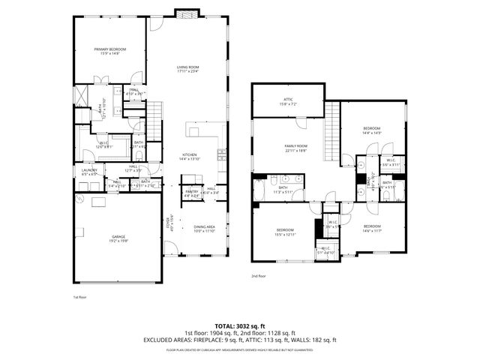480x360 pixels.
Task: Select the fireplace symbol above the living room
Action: pos(186,13)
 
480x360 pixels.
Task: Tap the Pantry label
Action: pos(193,192)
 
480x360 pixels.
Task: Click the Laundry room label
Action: pos(89,172)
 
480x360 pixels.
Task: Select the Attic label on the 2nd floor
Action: pos(287,100)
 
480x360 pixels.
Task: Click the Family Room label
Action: pos(295,148)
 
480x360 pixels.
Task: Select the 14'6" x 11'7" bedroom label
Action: pos(372,227)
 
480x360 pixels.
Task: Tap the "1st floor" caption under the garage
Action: pos(80,297)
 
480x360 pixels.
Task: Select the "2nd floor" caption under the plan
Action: pos(259,276)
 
